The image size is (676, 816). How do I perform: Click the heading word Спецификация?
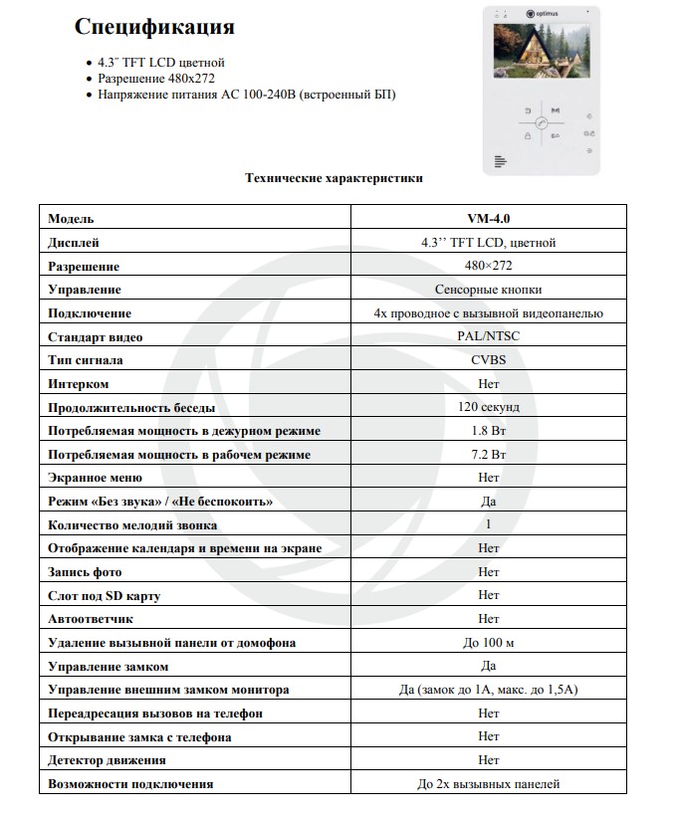pos(153,27)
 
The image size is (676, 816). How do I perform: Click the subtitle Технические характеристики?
pos(334,178)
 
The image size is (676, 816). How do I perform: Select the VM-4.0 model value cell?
pos(488,218)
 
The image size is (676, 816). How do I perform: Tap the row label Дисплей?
pos(74,242)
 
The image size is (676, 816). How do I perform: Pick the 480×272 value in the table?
pos(488,266)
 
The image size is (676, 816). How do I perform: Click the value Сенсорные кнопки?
pos(488,290)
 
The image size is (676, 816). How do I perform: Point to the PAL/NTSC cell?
pos(488,336)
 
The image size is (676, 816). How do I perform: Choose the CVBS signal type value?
pos(488,360)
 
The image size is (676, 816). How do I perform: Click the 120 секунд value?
pos(488,407)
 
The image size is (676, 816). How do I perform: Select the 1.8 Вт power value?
pos(488,431)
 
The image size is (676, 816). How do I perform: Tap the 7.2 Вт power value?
pos(488,455)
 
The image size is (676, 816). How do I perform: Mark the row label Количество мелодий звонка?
pos(132,524)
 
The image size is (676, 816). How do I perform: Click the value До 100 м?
pos(488,643)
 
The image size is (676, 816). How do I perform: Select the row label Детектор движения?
pos(107,760)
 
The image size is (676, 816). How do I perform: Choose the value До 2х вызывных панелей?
pos(488,784)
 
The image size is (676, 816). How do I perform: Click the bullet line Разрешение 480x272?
pos(156,78)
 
